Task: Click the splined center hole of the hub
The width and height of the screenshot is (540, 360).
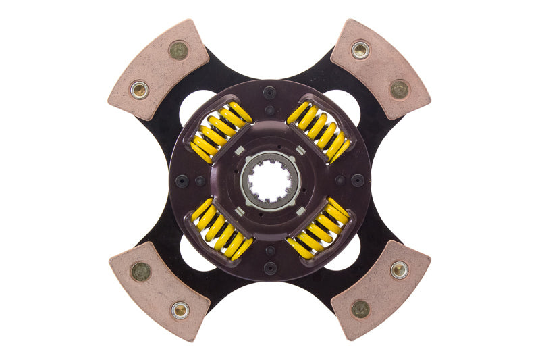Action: pos(270,180)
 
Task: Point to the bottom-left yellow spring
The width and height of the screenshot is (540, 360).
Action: pos(221,228)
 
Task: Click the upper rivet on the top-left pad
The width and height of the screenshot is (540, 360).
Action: pos(178,50)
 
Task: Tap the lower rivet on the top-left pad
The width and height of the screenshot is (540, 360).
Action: pos(139,89)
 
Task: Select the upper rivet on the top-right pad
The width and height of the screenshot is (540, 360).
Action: pos(360,49)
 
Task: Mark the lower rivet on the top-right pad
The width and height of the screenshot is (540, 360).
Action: pos(400,89)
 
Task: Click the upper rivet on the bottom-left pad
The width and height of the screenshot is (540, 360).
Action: pos(140,271)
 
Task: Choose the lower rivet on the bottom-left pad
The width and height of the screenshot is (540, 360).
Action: pos(180,310)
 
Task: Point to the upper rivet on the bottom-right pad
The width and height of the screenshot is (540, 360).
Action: pos(399,270)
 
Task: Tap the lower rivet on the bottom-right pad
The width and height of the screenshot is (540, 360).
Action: pos(360,309)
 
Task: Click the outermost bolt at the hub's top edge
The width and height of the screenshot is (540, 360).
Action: pos(270,93)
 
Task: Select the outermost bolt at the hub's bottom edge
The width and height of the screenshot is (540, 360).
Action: pos(270,267)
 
